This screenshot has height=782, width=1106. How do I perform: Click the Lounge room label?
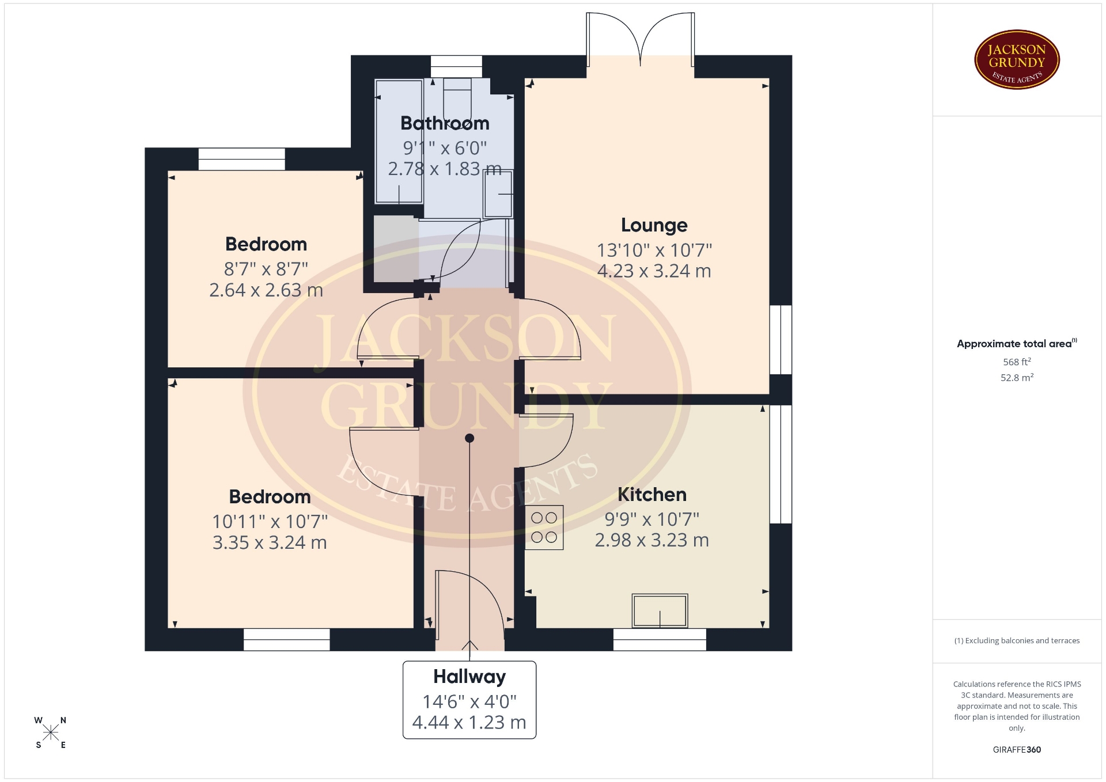[x=654, y=225]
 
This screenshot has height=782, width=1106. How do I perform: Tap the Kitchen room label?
[x=652, y=495]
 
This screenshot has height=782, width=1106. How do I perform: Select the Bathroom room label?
[x=445, y=123]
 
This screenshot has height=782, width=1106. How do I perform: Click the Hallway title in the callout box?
[x=469, y=677]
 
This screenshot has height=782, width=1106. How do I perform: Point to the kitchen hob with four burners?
[x=544, y=527]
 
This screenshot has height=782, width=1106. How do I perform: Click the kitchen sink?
[x=660, y=610]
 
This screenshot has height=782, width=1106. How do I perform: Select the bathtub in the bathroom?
[x=399, y=142]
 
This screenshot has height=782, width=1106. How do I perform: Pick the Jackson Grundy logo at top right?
[x=1017, y=60]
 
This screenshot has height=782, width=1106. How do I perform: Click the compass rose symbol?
[x=51, y=732]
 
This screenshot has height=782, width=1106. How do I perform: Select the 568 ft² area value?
[x=1017, y=362]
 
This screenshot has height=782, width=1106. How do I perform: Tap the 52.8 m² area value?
[x=1017, y=377]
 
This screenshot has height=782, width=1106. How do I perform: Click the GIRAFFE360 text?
[x=1017, y=749]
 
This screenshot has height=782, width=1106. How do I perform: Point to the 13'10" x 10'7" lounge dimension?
[x=654, y=250]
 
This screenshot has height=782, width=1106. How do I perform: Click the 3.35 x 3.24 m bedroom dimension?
[x=270, y=542]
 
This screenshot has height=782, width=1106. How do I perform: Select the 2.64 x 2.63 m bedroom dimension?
[x=266, y=290]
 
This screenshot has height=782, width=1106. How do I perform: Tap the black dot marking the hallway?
[x=469, y=438]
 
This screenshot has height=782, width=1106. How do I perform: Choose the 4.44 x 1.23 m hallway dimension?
[x=469, y=722]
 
